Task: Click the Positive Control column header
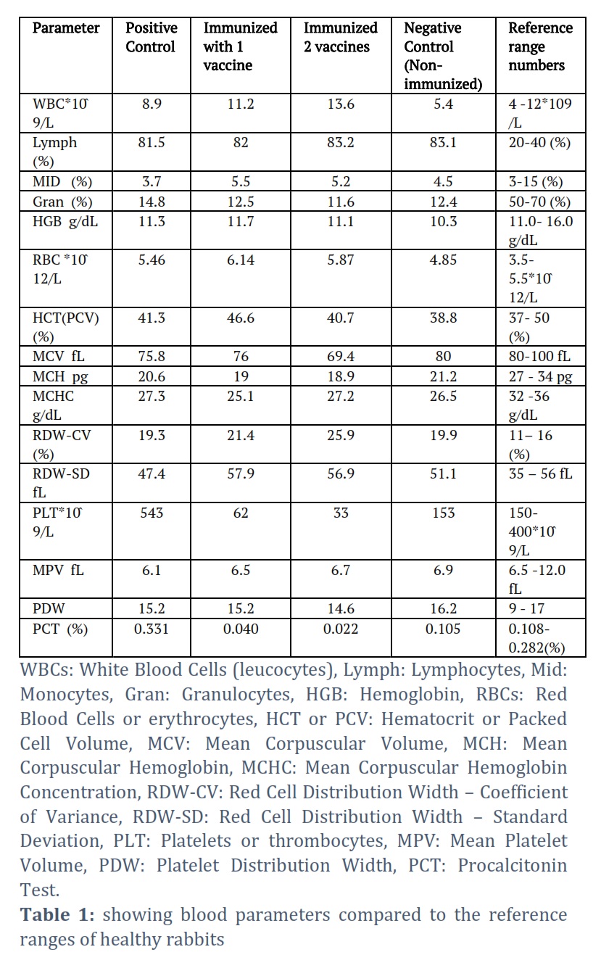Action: click(152, 37)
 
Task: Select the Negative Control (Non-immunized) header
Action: click(443, 56)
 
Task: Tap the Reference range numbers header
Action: click(541, 46)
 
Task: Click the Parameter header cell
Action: click(66, 28)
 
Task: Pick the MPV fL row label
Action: click(58, 571)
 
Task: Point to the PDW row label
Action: click(49, 608)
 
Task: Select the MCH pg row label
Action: click(60, 377)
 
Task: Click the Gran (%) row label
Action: click(62, 202)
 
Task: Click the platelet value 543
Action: click(152, 513)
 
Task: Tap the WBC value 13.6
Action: click(341, 104)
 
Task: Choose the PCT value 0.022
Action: click(341, 629)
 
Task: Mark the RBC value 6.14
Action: click(241, 260)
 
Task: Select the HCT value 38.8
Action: click(443, 318)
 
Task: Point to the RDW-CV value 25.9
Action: click(341, 435)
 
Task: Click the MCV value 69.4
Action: click(341, 357)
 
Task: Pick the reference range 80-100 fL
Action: click(539, 357)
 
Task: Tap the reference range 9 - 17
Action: click(526, 608)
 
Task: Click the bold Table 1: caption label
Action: click(57, 915)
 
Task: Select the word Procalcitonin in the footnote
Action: click(513, 866)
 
